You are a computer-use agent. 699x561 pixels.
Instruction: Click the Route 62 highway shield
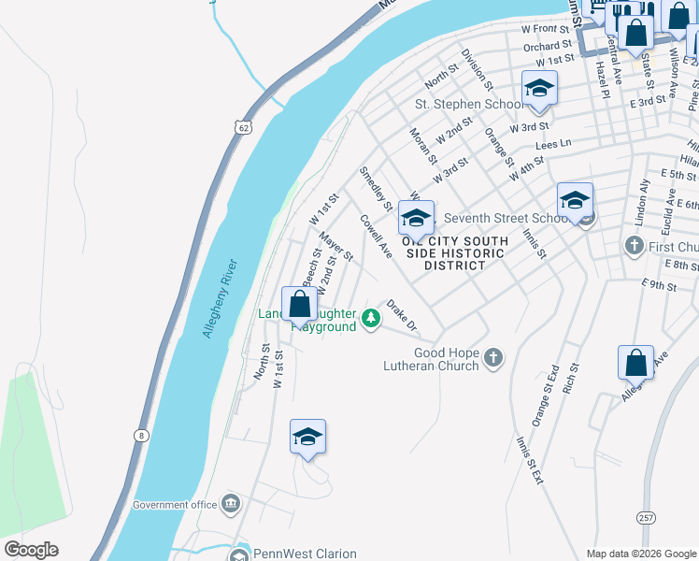243,125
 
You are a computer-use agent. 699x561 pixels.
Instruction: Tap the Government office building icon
230,505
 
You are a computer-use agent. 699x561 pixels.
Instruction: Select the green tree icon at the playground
371,319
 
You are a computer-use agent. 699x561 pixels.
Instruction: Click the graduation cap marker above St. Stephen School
539,89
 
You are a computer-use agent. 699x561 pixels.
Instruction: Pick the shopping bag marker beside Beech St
299,304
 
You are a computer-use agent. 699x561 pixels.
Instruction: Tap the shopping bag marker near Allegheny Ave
635,364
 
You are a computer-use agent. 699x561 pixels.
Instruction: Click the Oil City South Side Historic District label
455,253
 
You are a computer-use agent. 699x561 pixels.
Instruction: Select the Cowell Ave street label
377,236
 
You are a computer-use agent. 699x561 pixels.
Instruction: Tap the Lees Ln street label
553,146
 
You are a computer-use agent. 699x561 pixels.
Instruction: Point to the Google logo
31,550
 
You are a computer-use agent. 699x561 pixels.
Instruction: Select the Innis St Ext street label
529,458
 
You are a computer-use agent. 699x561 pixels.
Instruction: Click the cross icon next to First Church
634,246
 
